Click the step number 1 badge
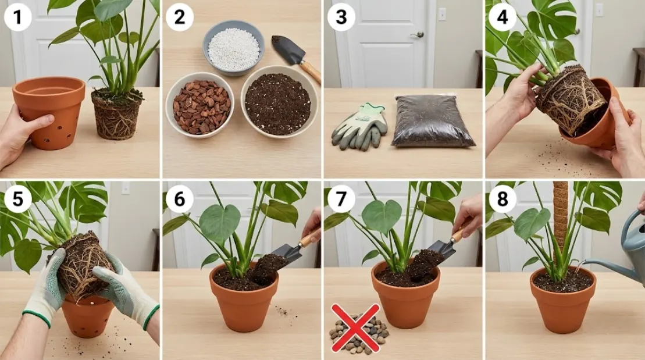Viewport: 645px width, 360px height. point(17,18)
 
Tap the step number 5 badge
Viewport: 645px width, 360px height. point(17,199)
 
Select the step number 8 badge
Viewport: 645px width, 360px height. point(502,199)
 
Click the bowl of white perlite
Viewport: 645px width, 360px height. point(233,48)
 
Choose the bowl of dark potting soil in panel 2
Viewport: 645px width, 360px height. point(277,104)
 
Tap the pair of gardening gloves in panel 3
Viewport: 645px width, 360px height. point(359,124)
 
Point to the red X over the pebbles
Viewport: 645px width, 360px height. point(355,328)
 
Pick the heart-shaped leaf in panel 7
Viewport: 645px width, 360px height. point(381,216)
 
